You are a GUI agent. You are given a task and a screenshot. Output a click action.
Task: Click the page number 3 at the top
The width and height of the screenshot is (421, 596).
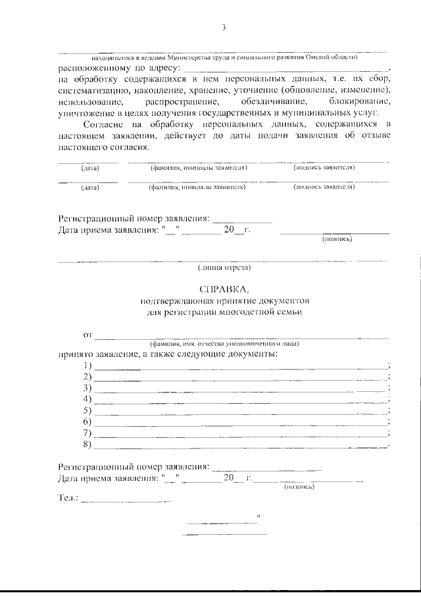[x=224, y=27]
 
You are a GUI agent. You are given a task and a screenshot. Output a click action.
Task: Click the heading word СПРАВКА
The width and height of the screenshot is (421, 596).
[x=224, y=289]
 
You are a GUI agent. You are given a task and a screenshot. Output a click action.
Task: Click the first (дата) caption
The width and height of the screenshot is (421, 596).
[x=90, y=168]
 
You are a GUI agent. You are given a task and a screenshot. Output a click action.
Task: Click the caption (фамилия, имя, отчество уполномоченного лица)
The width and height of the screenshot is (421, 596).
[x=224, y=344]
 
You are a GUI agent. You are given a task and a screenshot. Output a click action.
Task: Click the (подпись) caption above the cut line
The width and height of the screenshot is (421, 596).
[x=337, y=239]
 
